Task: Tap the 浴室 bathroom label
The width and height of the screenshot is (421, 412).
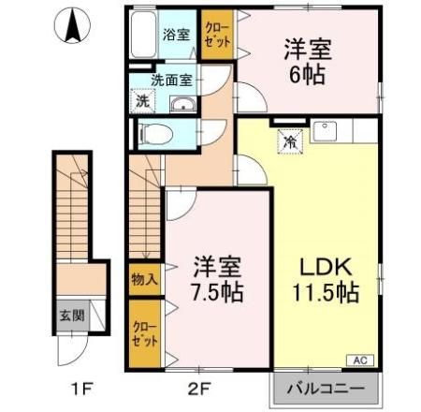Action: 176,35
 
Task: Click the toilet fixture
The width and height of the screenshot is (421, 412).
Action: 154,133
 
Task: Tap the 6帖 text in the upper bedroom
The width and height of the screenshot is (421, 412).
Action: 311,74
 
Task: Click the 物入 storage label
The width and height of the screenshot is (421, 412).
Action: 145,278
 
